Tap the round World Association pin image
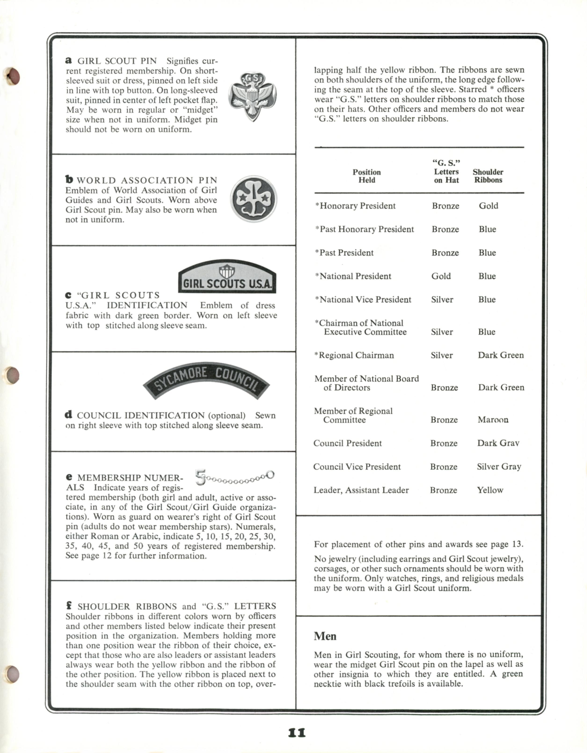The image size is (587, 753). (x=253, y=199)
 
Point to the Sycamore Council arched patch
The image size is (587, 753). (x=206, y=381)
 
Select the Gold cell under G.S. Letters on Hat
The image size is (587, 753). (x=441, y=276)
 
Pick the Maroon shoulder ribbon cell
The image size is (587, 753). (x=493, y=420)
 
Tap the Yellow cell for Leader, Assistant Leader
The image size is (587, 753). (x=490, y=490)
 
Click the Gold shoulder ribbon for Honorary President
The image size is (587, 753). (x=489, y=206)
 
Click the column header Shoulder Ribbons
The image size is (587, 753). (x=488, y=176)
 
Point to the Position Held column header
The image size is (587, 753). (x=366, y=176)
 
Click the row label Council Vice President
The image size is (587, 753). (x=357, y=467)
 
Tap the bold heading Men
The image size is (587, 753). (x=325, y=636)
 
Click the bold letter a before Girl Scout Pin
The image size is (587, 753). (x=69, y=60)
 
